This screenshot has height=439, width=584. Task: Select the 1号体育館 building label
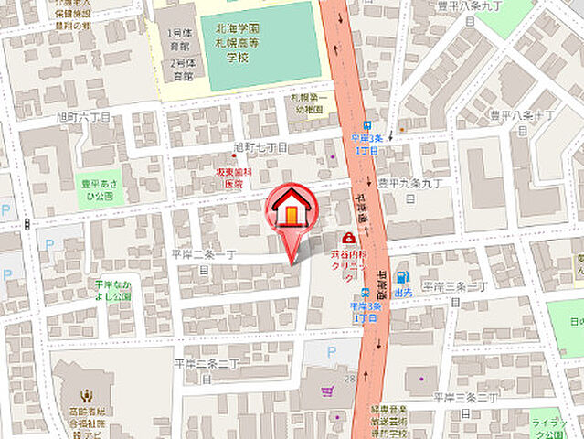click(180, 39)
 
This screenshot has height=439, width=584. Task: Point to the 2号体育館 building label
click(180, 70)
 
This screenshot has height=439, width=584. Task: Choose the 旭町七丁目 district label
click(260, 146)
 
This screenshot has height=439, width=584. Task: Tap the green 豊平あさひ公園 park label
click(96, 188)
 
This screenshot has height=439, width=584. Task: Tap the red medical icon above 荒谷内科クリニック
click(349, 238)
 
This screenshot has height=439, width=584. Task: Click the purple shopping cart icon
click(327, 392)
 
